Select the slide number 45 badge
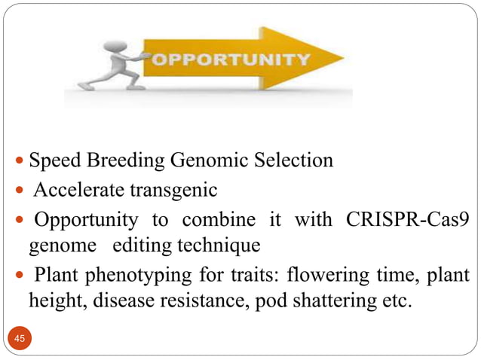click(x=20, y=340)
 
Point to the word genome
click(x=54, y=246)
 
